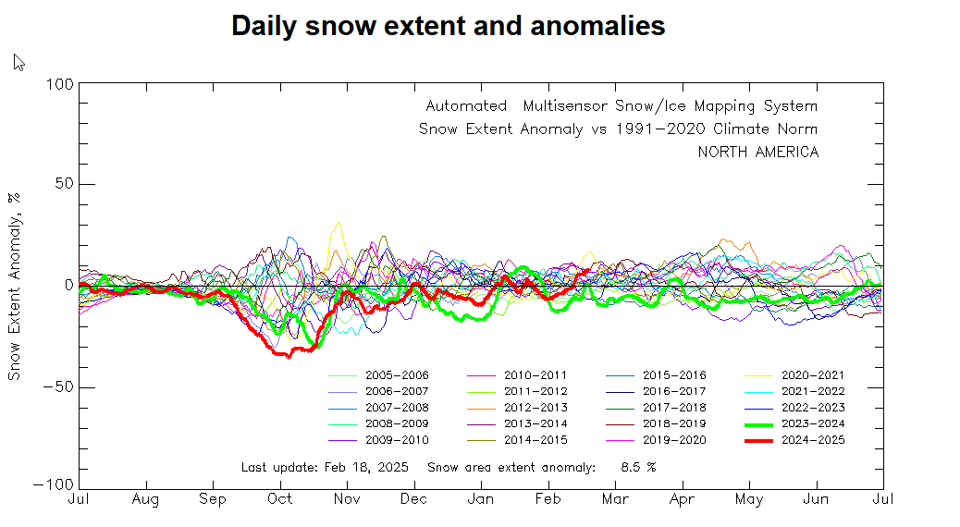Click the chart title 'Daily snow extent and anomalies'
[448, 26]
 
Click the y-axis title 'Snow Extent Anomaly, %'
[15, 286]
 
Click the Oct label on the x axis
[279, 500]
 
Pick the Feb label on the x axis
[548, 500]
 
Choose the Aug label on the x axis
[145, 500]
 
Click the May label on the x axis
[749, 500]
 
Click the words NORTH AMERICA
[757, 153]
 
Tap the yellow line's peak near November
[338, 222]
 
